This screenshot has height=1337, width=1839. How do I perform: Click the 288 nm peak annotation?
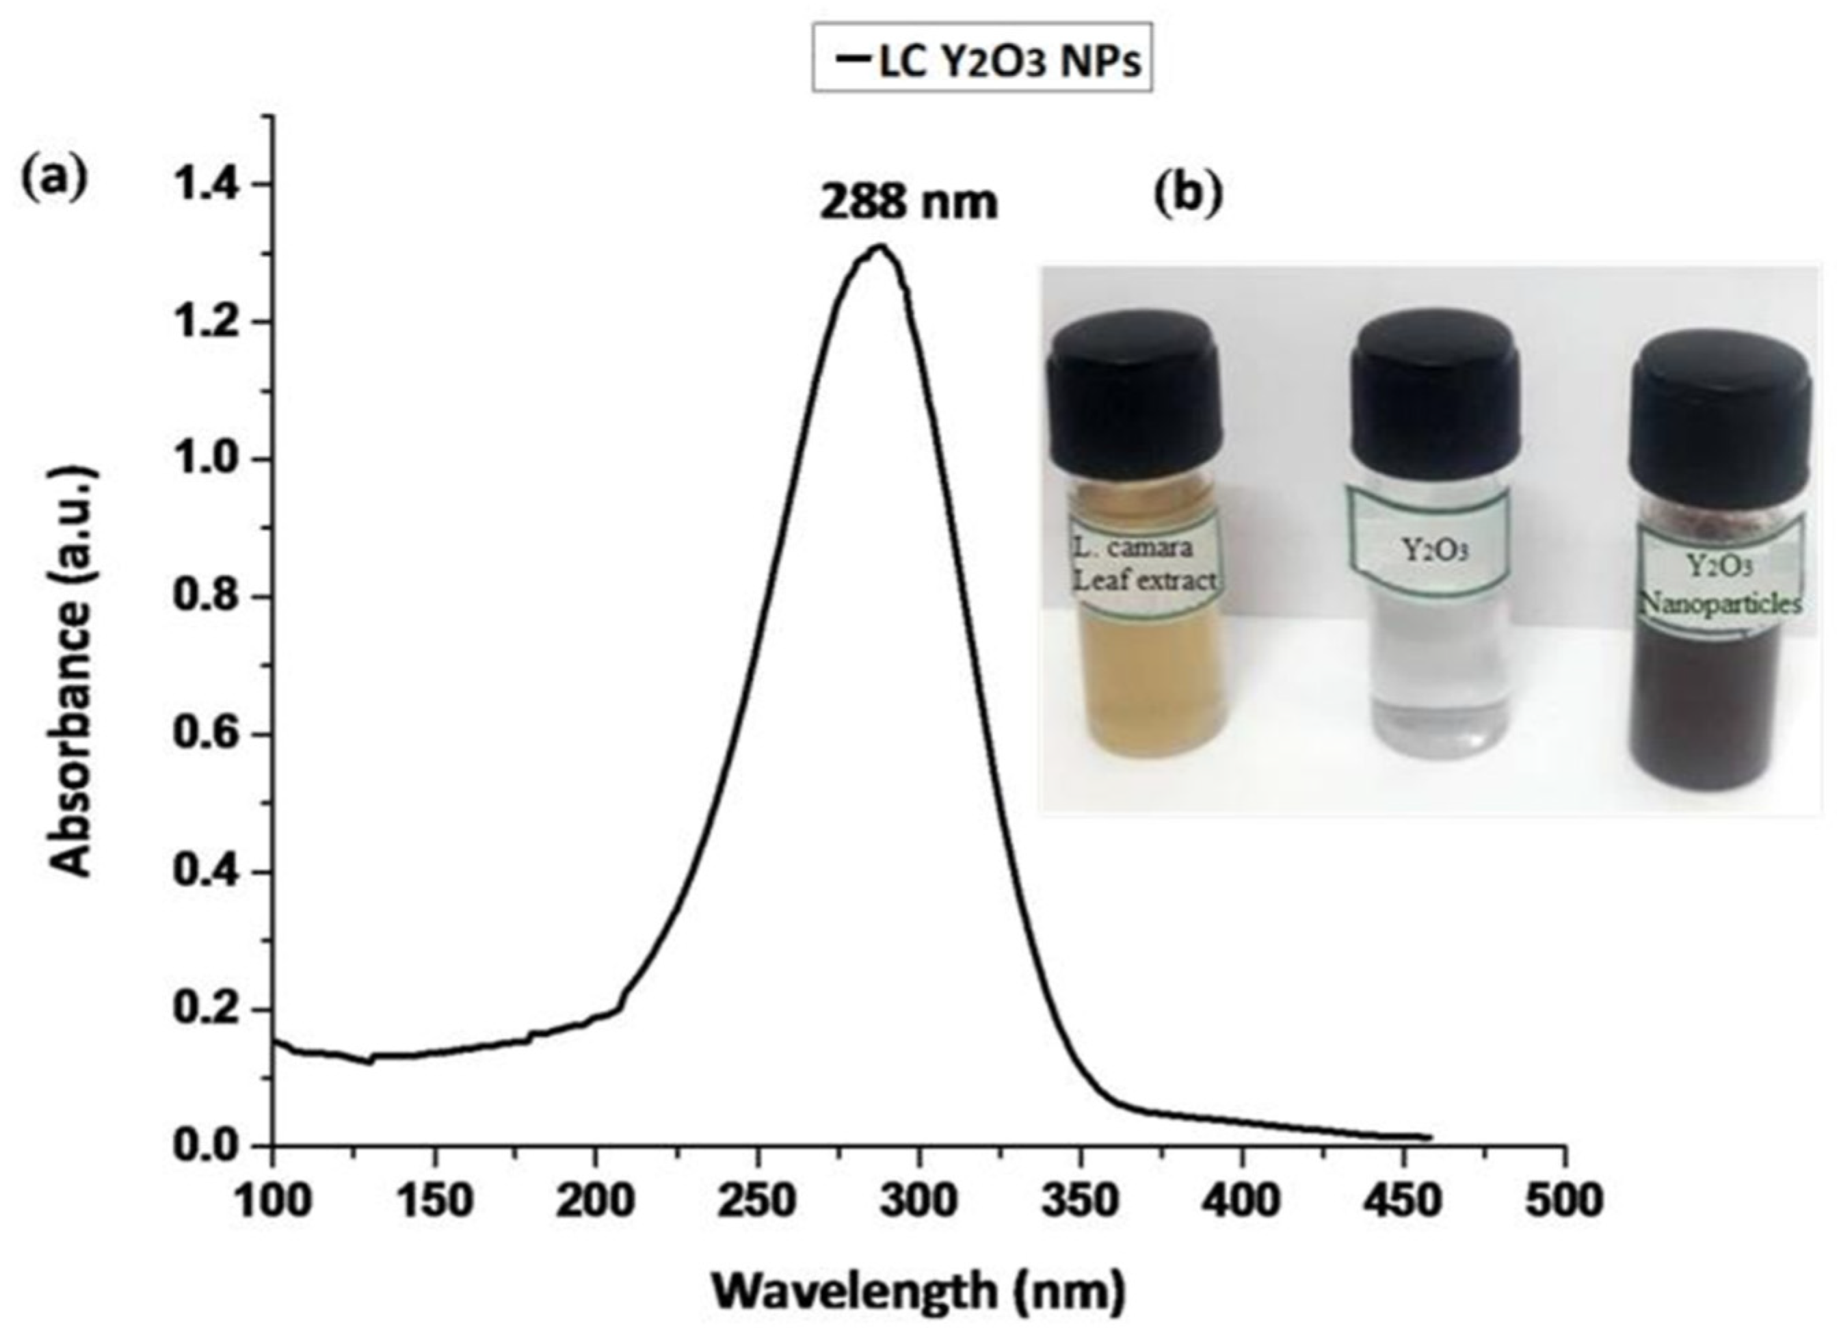(x=908, y=202)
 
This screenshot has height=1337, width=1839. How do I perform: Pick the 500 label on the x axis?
(x=1564, y=1202)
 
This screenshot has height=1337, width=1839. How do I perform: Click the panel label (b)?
(x=1187, y=197)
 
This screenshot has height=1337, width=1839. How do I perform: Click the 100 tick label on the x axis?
(x=274, y=1202)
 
